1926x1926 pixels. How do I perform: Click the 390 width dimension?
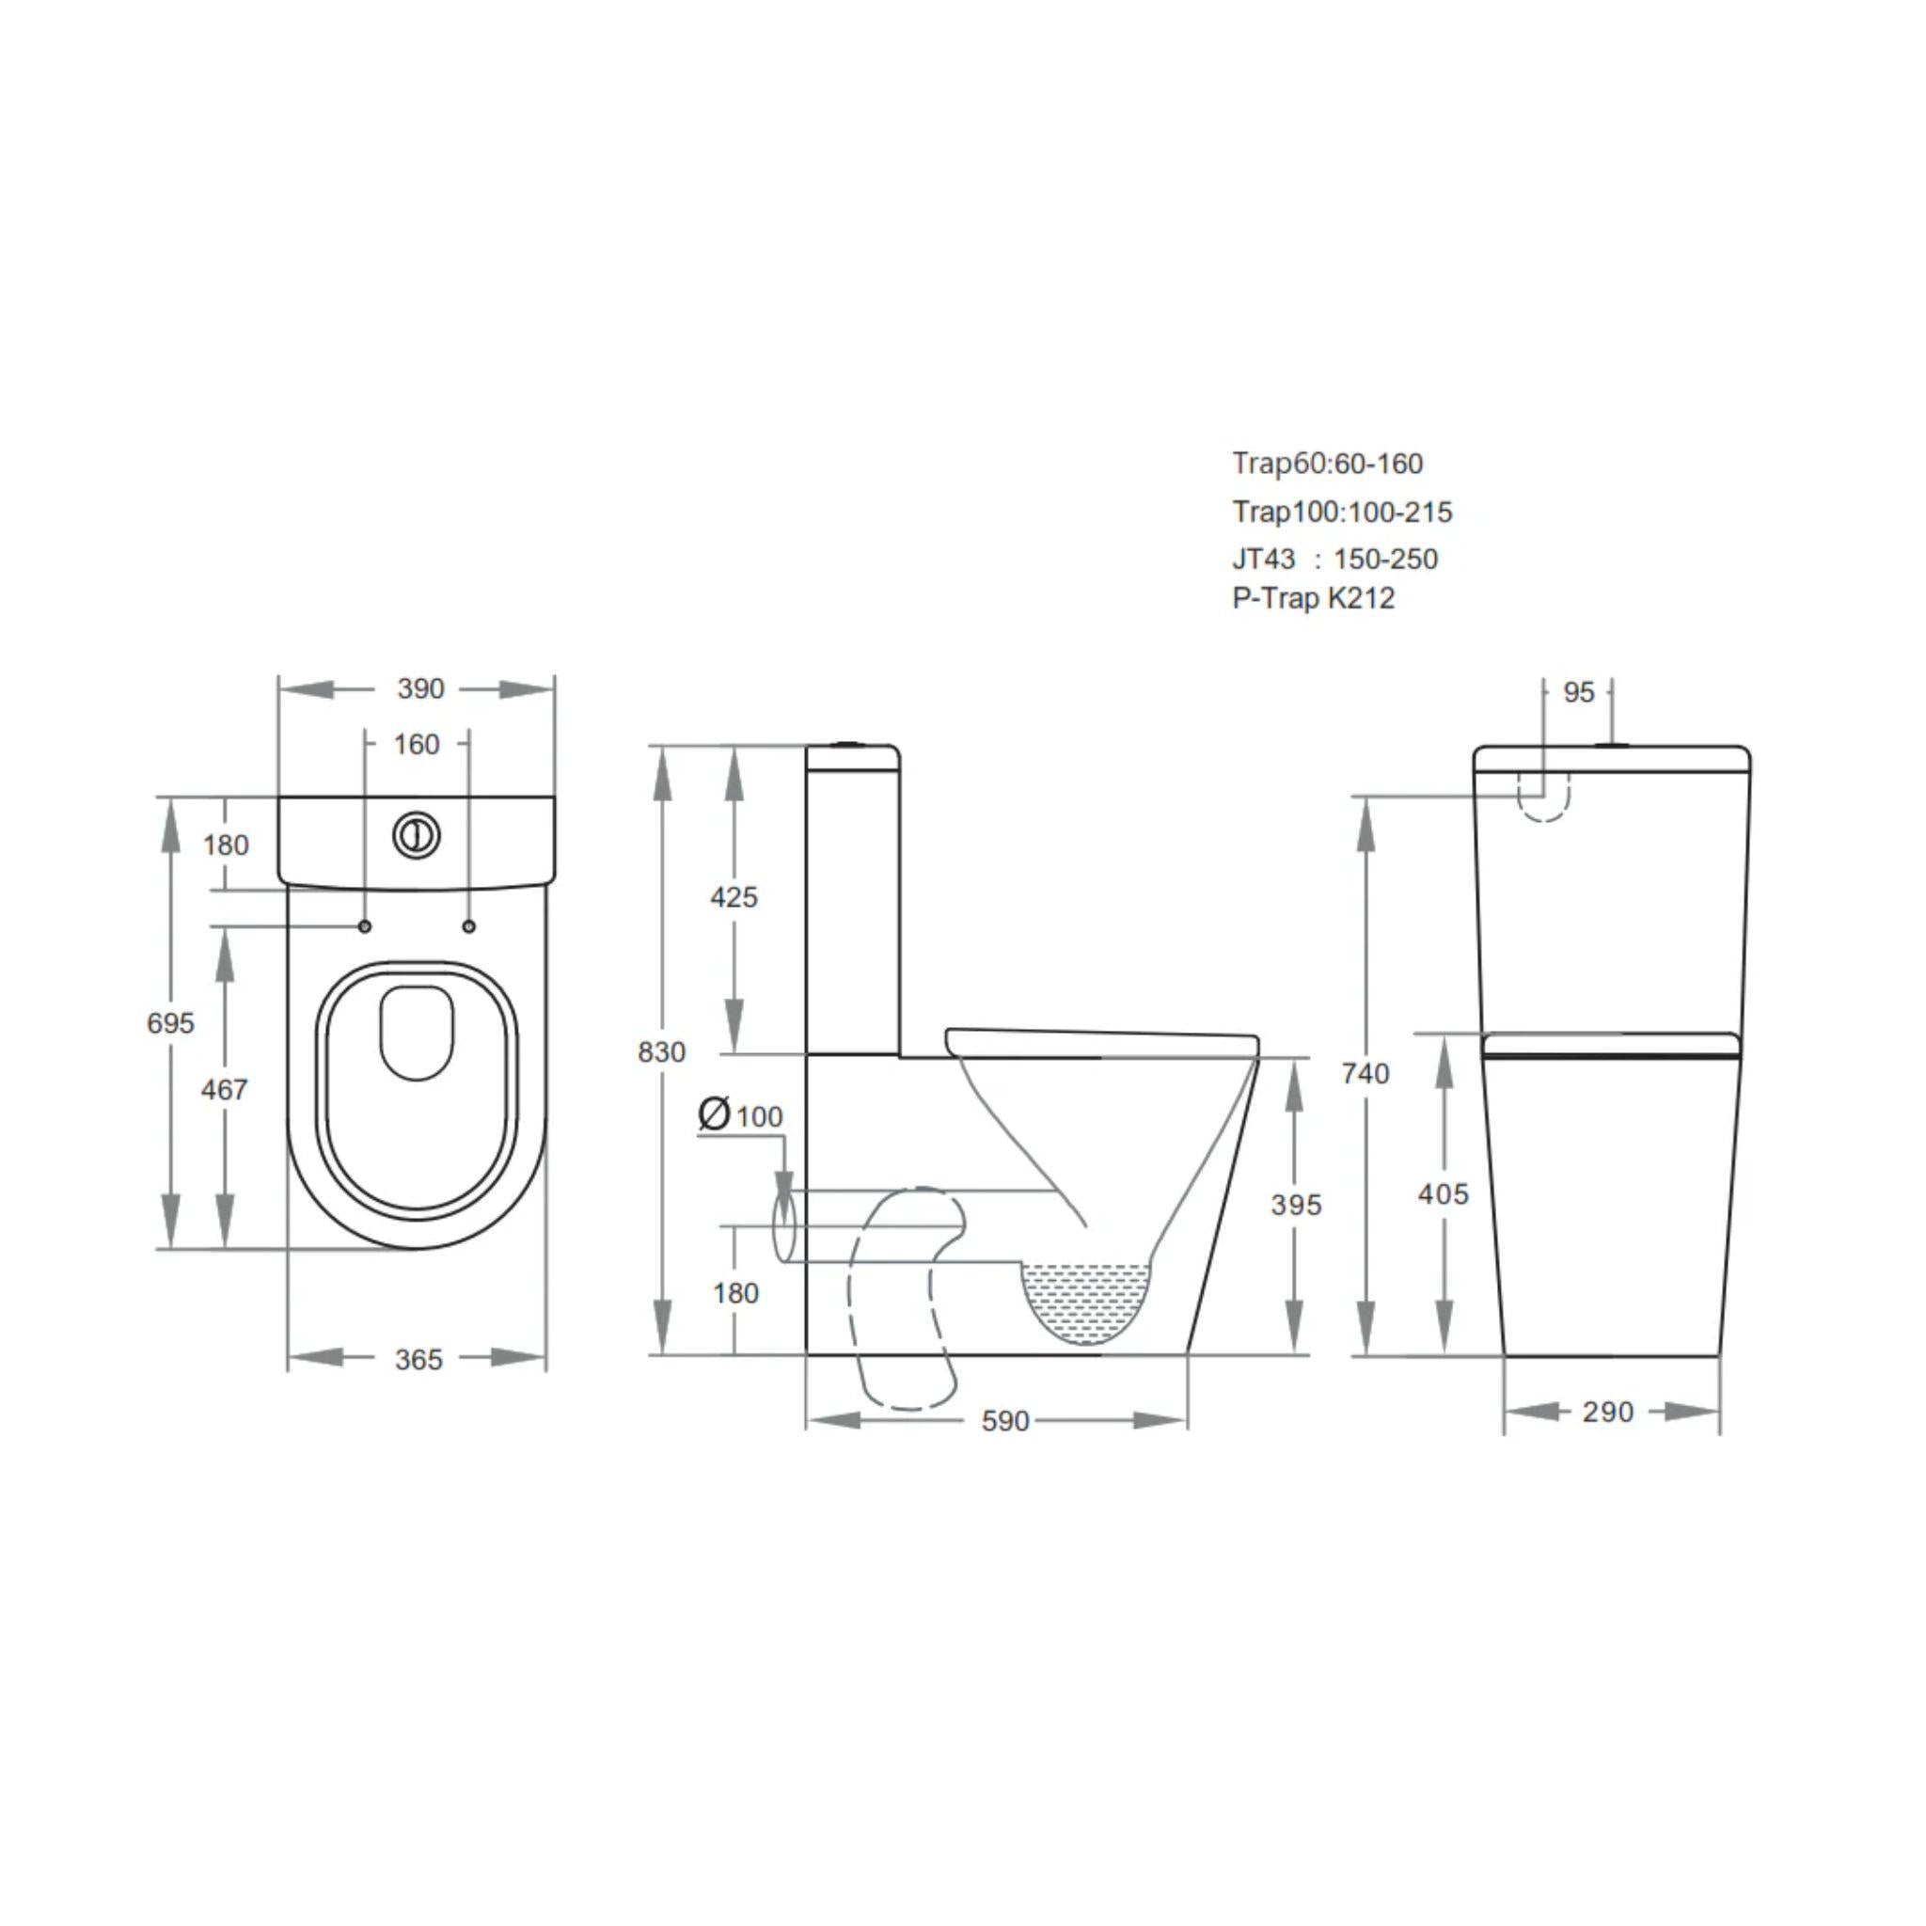419,688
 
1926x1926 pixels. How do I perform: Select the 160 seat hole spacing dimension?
416,745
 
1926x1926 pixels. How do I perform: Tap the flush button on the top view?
416,835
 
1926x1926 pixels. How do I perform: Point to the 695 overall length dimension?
170,1023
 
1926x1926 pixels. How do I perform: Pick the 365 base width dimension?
418,1360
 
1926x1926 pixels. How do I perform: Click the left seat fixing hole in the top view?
365,927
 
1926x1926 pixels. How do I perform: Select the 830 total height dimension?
661,1051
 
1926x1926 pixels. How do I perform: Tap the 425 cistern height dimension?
734,897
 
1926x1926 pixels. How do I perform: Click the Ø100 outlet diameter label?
742,1114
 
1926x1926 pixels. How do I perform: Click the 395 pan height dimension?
1296,1206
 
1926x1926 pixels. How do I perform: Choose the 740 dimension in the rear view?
1365,1074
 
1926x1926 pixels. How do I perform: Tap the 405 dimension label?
1443,1194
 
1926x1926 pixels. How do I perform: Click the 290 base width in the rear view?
1607,1412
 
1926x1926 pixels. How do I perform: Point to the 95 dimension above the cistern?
1579,692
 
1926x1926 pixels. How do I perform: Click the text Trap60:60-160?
1327,464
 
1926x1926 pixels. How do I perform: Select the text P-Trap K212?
1313,598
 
